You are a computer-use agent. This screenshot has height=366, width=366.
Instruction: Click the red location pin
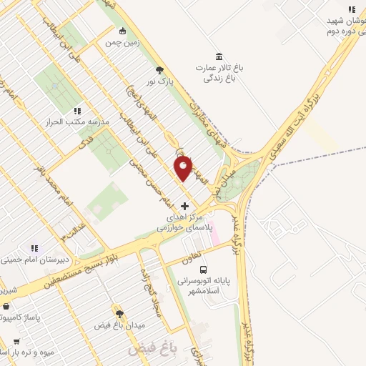[184, 169]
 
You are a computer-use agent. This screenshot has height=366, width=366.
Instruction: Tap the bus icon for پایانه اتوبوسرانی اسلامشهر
[204, 270]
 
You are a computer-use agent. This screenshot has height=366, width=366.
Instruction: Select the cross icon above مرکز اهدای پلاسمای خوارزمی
[185, 206]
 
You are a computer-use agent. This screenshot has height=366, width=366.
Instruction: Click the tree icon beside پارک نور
[159, 70]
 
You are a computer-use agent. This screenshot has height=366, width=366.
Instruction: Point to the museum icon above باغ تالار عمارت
[219, 56]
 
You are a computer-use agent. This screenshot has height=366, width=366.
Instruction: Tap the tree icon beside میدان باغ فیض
[119, 314]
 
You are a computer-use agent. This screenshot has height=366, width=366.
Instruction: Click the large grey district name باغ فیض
[152, 350]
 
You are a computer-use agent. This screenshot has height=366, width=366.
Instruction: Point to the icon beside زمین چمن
[123, 31]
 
